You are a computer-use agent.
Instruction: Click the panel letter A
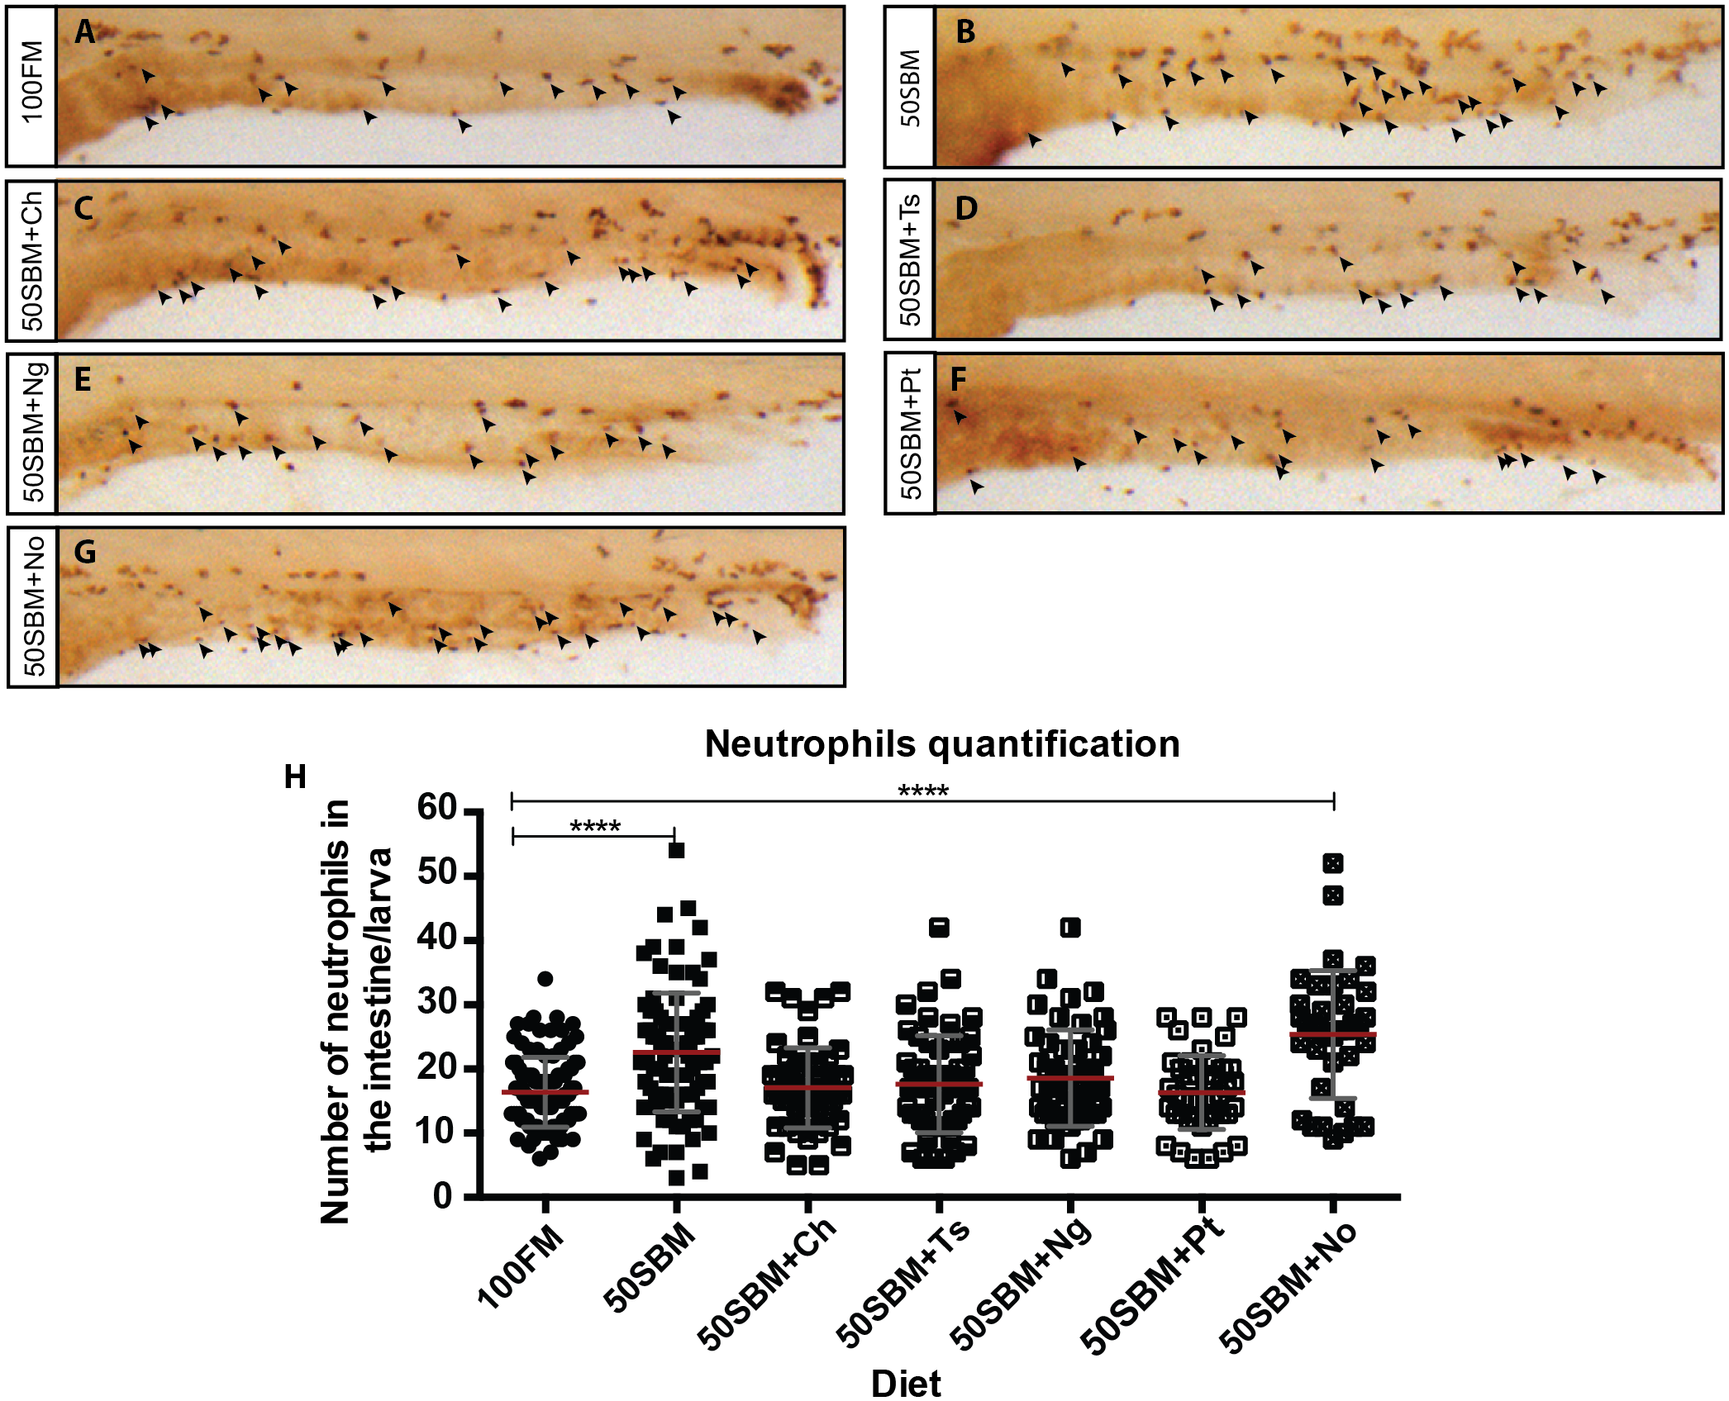coord(85,32)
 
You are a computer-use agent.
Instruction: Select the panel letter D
coord(965,208)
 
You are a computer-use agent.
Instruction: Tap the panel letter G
coord(85,551)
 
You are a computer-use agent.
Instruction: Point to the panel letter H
coord(295,776)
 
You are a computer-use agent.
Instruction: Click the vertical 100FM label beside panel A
coord(31,83)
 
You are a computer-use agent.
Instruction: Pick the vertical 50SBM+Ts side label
coord(909,260)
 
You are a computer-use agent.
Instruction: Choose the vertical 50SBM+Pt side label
coord(909,434)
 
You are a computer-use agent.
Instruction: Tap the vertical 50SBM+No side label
coord(33,606)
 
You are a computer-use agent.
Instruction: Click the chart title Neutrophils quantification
coord(942,743)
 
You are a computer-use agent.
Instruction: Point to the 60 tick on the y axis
coord(437,808)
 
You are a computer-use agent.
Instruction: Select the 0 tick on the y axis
coord(444,1195)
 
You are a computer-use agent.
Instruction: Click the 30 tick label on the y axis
coord(437,1002)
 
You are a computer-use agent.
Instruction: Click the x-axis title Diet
coord(907,1383)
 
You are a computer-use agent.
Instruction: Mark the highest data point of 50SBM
coord(676,850)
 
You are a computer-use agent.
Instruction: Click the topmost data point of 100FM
coord(545,979)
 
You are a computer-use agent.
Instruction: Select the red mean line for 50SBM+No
coord(1332,1034)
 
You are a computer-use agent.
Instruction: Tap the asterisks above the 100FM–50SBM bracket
coord(595,826)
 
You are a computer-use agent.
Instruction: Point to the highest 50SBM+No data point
coord(1332,863)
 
